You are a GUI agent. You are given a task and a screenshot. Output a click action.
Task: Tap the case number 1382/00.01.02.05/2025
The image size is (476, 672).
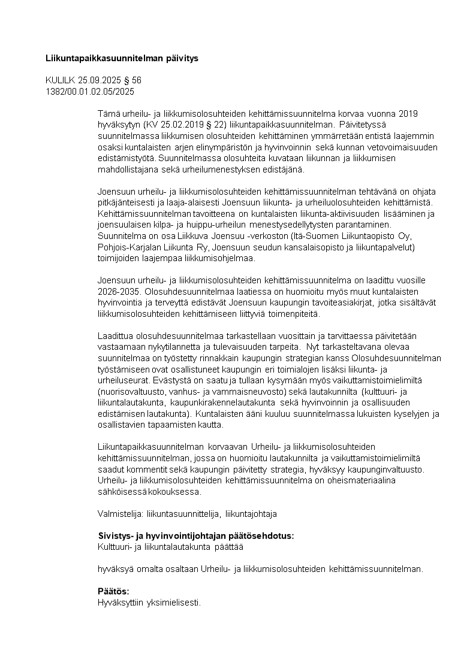click(90, 92)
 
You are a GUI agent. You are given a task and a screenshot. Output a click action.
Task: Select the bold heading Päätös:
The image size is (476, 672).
click(113, 591)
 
